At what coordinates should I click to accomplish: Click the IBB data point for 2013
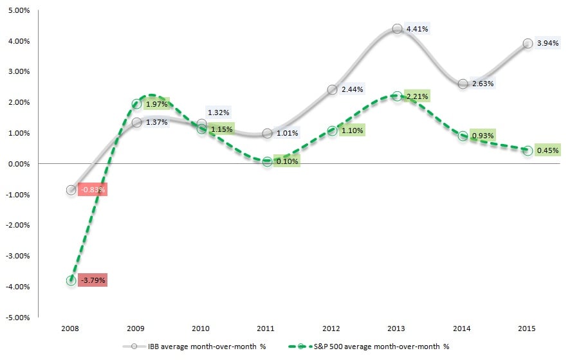(397, 28)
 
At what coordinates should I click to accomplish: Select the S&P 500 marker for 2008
(71, 280)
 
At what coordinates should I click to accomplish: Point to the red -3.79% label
(93, 280)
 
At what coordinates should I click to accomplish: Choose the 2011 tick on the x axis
(266, 328)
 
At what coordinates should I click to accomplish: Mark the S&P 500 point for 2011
(266, 161)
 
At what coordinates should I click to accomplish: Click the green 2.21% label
(417, 96)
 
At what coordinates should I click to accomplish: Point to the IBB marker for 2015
(528, 43)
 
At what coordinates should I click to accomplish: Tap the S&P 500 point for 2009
(136, 104)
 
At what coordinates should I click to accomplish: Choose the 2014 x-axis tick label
(462, 328)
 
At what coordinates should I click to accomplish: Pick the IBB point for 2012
(332, 89)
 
